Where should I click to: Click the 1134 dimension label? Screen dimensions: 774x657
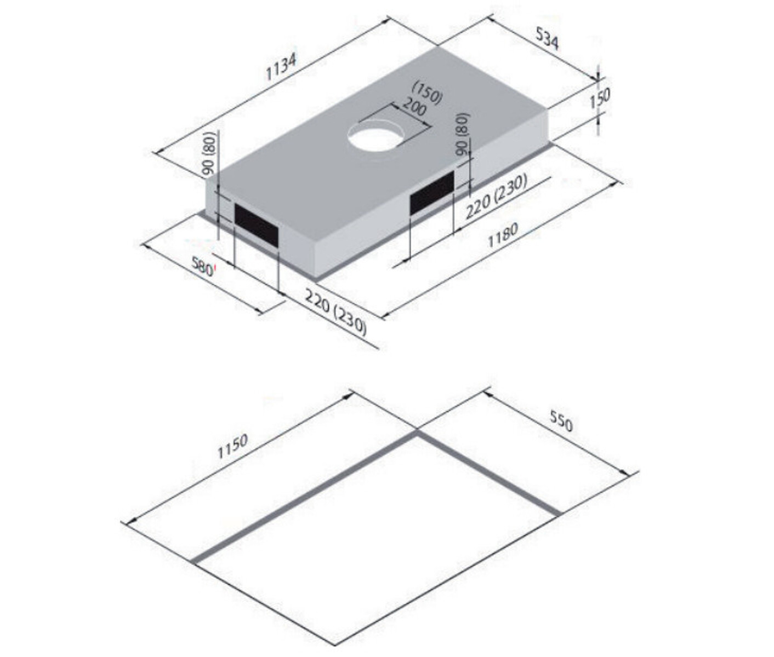pyautogui.click(x=281, y=66)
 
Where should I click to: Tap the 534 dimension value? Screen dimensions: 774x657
pyautogui.click(x=547, y=39)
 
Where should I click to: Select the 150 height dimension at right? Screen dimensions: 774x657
pyautogui.click(x=600, y=99)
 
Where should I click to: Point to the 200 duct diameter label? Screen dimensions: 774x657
pyautogui.click(x=414, y=107)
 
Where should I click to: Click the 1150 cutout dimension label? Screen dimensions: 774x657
pyautogui.click(x=232, y=446)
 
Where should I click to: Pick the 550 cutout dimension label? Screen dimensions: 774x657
pyautogui.click(x=561, y=422)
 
